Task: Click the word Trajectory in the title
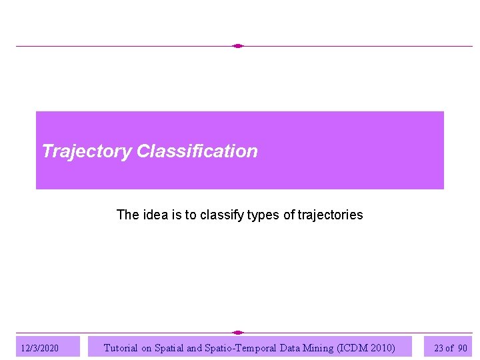pyautogui.click(x=87, y=151)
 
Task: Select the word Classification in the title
pyautogui.click(x=197, y=151)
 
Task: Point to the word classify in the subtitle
pyautogui.click(x=221, y=215)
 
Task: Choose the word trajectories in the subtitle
pyautogui.click(x=330, y=215)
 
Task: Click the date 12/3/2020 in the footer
pyautogui.click(x=40, y=348)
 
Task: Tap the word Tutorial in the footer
pyautogui.click(x=121, y=347)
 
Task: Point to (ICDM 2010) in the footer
pyautogui.click(x=367, y=347)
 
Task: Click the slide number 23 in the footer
pyautogui.click(x=438, y=348)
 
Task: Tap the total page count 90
pyautogui.click(x=463, y=348)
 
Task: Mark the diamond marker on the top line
pyautogui.click(x=238, y=46)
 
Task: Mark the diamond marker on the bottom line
pyautogui.click(x=238, y=332)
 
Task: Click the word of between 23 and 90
pyautogui.click(x=450, y=348)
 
